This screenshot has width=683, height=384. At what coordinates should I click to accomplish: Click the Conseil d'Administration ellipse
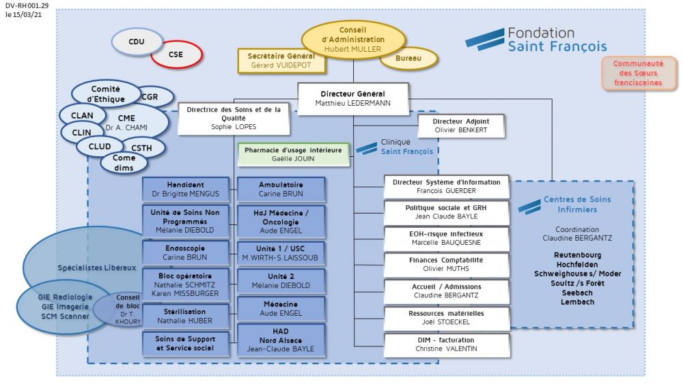tap(353, 40)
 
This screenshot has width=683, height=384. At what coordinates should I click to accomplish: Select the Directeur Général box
tap(352, 98)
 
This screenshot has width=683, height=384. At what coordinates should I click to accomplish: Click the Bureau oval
tap(407, 59)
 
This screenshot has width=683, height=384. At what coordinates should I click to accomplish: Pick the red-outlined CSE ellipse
tap(176, 55)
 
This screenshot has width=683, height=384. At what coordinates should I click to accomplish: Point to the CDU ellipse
tap(137, 42)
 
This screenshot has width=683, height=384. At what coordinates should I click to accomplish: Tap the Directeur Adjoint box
tap(461, 125)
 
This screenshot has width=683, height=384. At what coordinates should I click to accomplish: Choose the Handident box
tap(186, 189)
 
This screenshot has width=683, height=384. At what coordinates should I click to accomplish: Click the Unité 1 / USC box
tap(277, 253)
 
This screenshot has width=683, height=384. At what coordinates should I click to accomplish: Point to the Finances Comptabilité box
tap(446, 264)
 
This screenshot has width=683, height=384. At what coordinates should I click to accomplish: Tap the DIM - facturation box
tap(446, 344)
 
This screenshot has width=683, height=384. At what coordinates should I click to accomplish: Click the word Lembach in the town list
tap(576, 302)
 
